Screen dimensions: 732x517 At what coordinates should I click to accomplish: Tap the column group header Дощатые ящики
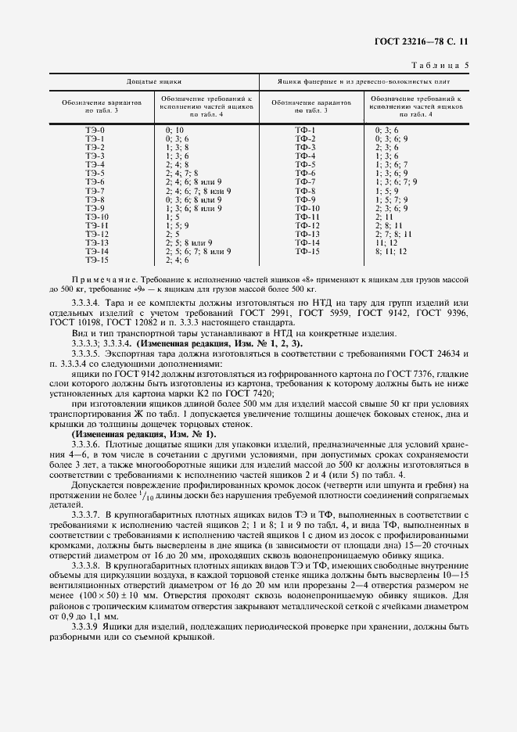[154, 81]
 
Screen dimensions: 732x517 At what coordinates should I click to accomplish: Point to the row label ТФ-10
[307, 209]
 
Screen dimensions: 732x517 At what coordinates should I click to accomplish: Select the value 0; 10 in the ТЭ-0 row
[174, 129]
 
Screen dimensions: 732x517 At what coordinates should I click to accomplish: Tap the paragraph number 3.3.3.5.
[86, 353]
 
